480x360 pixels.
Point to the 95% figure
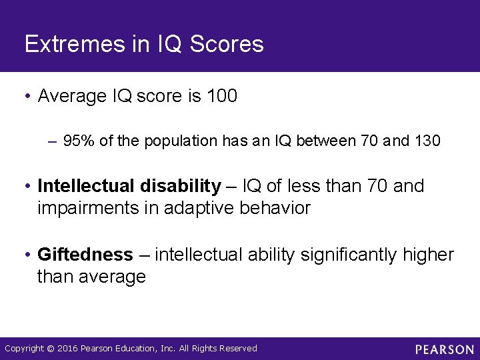point(77,141)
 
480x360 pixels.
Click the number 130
point(427,141)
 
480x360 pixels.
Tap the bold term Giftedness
point(85,255)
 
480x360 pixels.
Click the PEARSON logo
point(444,349)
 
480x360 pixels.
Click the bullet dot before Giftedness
point(28,255)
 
